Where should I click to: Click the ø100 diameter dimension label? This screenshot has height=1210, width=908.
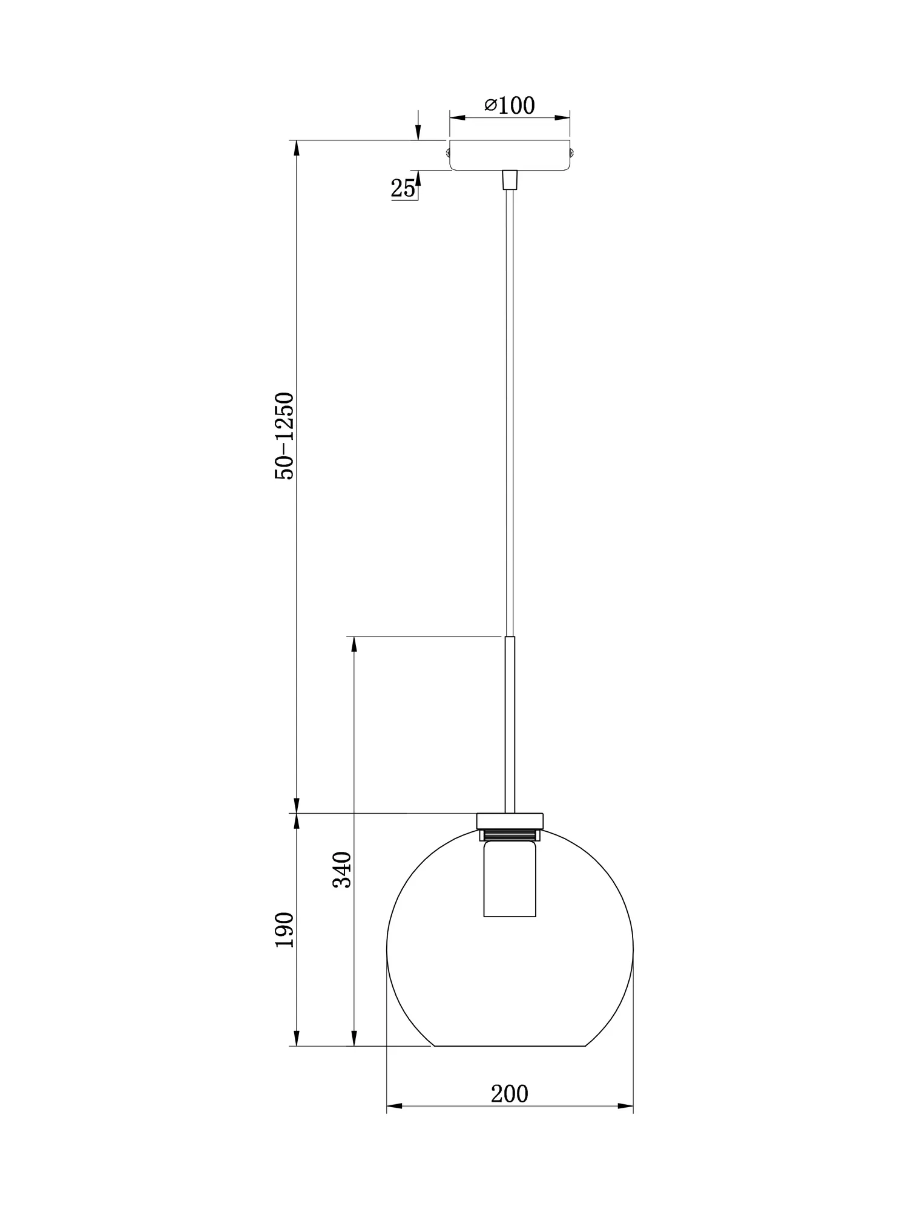(510, 106)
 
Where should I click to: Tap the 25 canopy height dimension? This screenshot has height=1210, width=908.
(403, 189)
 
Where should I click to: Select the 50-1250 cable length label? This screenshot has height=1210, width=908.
(285, 436)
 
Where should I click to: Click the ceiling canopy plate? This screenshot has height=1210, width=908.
(510, 155)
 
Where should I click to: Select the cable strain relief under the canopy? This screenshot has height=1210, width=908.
(510, 180)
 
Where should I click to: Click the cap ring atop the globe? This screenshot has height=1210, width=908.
(510, 821)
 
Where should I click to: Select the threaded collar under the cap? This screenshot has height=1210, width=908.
(510, 836)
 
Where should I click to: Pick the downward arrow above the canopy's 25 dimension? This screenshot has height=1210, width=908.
(417, 134)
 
